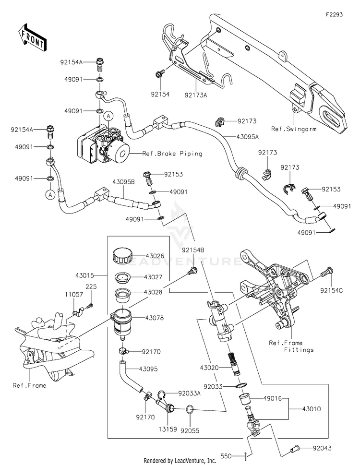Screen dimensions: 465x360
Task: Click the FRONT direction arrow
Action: (33, 37)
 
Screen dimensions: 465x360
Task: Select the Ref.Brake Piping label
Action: (172, 154)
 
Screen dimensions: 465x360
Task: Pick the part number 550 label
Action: (227, 454)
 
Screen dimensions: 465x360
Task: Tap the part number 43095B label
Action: (123, 183)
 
